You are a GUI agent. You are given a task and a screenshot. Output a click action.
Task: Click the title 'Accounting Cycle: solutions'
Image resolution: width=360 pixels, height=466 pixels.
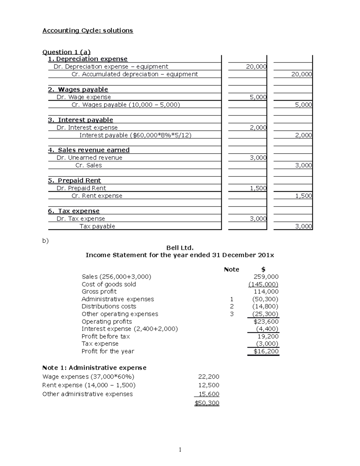(x=88, y=31)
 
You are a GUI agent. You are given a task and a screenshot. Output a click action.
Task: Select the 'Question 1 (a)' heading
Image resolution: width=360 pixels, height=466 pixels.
(x=66, y=52)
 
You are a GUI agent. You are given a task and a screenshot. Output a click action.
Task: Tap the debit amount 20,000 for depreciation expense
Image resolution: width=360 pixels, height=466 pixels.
(x=256, y=67)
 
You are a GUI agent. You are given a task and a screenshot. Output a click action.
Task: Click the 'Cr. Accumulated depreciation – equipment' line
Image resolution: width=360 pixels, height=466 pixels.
(x=135, y=74)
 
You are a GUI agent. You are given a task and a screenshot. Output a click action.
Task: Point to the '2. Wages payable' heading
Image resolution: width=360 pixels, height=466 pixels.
(x=78, y=89)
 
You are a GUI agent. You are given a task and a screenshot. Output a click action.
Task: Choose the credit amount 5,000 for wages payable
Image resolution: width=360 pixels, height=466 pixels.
(x=303, y=105)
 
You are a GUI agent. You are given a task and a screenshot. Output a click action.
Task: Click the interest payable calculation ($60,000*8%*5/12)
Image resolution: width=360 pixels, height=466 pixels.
(x=135, y=135)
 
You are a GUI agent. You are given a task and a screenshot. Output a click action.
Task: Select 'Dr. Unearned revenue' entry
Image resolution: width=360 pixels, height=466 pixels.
(x=89, y=158)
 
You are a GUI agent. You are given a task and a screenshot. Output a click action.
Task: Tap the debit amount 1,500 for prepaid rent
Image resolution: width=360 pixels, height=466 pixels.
(x=258, y=188)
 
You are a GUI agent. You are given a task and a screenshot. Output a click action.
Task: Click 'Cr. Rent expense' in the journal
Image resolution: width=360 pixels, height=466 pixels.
(x=97, y=196)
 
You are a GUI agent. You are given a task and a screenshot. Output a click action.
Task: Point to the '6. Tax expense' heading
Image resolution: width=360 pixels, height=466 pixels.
(x=74, y=211)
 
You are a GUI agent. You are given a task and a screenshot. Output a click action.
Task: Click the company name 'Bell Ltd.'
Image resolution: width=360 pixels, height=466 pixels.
(x=180, y=248)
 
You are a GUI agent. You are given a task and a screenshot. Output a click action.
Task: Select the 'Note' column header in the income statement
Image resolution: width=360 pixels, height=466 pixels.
(x=231, y=269)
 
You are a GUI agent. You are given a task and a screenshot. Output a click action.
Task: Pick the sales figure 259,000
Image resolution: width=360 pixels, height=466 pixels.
(x=266, y=277)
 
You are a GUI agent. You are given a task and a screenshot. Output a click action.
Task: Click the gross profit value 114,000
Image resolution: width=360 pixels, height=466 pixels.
(x=266, y=292)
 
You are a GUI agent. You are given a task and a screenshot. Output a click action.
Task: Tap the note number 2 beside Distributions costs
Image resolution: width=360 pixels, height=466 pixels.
(x=231, y=306)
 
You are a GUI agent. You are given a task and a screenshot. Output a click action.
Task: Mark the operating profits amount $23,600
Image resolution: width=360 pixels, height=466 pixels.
(x=266, y=321)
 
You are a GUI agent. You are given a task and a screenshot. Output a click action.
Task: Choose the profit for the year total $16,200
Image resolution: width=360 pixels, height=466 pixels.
(x=266, y=351)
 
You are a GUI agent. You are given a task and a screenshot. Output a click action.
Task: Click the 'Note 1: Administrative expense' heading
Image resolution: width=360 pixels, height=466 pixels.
(x=94, y=368)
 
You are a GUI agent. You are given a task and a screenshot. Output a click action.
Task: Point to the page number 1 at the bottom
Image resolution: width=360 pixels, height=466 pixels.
(x=180, y=449)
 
